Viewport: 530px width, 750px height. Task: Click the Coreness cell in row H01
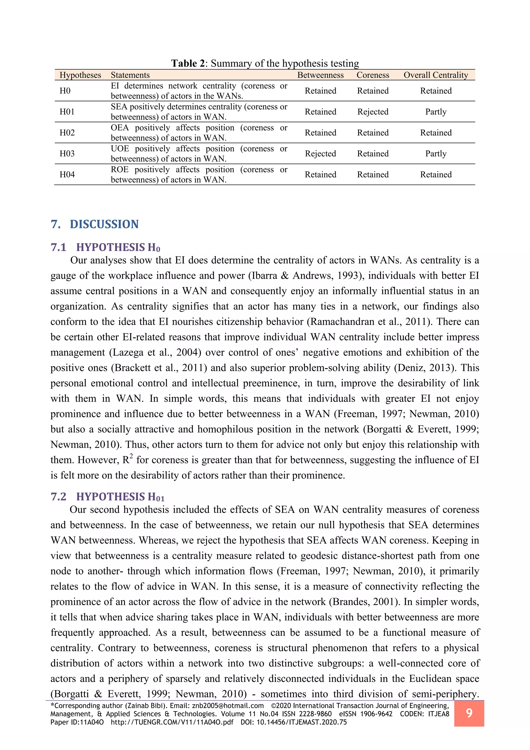pyautogui.click(x=373, y=112)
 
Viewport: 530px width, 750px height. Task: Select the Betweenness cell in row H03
pyautogui.click(x=320, y=154)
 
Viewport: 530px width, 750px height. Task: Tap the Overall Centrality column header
pyautogui.click(x=436, y=75)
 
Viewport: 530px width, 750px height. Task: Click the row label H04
pyautogui.click(x=67, y=175)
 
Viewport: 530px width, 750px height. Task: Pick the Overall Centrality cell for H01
pyautogui.click(x=436, y=112)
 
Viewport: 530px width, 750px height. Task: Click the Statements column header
pyautogui.click(x=130, y=75)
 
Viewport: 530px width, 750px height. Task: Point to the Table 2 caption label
pyautogui.click(x=189, y=63)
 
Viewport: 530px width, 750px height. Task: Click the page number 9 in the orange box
pyautogui.click(x=469, y=713)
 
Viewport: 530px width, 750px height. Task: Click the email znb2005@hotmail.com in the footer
pyautogui.click(x=228, y=706)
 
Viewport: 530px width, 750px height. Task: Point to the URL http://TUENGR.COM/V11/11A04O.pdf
pyautogui.click(x=172, y=722)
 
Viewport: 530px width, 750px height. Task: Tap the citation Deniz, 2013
pyautogui.click(x=425, y=368)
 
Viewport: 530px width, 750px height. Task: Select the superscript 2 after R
pyautogui.click(x=131, y=456)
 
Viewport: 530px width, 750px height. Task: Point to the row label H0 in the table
pyautogui.click(x=65, y=91)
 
